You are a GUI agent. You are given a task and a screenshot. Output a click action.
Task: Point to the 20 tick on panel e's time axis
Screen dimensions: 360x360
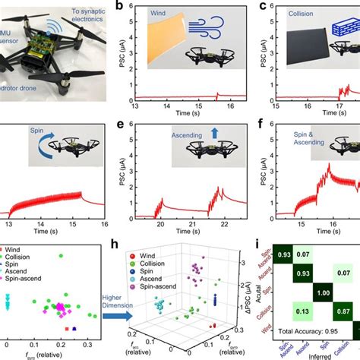click(x=161, y=224)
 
